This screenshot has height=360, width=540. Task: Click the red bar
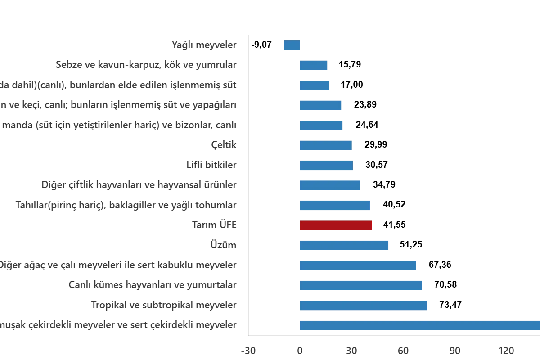pos(336,225)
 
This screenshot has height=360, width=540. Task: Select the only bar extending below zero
pos(291,45)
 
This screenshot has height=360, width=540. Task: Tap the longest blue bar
pos(418,325)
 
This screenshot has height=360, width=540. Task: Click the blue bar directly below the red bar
pos(343,245)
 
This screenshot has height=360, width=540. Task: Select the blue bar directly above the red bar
pos(334,205)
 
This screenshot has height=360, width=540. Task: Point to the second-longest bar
pos(363,306)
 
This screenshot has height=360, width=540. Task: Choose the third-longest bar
pos(361,285)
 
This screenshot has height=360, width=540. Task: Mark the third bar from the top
pos(315,85)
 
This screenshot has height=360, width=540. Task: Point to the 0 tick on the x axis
pos(299,349)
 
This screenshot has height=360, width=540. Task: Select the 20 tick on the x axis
pos(404,349)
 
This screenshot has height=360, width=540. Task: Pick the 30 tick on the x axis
pos(456,349)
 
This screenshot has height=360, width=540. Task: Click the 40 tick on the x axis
pos(508,349)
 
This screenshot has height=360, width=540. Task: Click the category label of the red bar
pos(214,224)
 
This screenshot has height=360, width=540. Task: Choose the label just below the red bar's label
pos(223,244)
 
